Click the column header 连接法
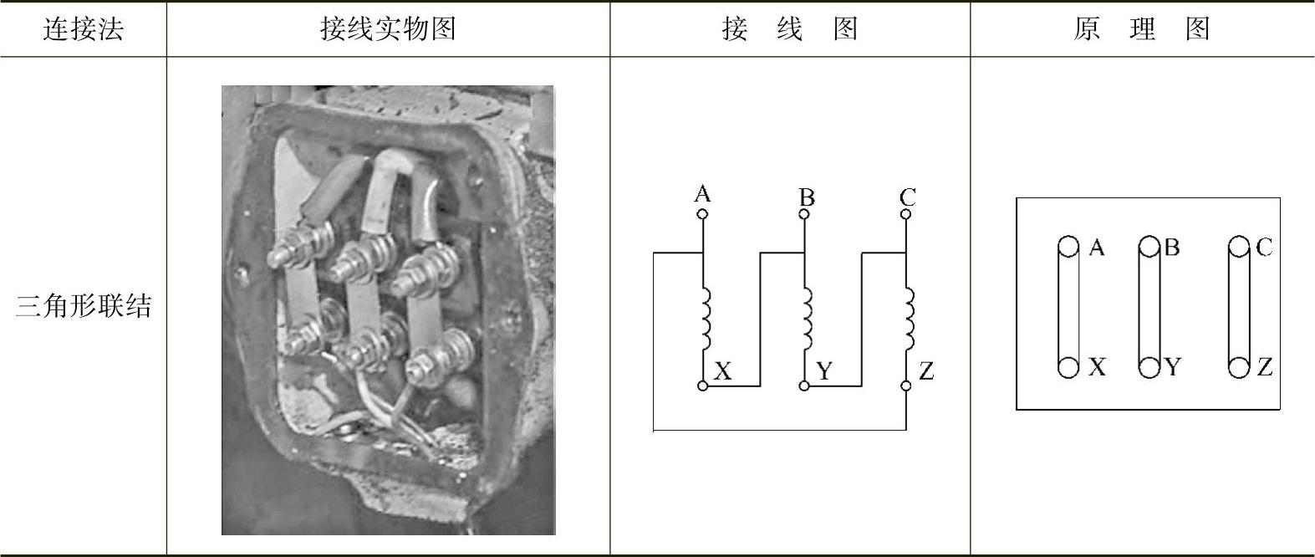pyautogui.click(x=83, y=29)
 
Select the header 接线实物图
pyautogui.click(x=388, y=29)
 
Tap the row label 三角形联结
pyautogui.click(x=84, y=307)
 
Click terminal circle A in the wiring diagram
pyautogui.click(x=702, y=214)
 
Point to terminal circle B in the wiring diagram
pyautogui.click(x=804, y=214)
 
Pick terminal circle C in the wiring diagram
pyautogui.click(x=905, y=214)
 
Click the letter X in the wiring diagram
pyautogui.click(x=723, y=371)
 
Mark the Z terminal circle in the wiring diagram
pyautogui.click(x=905, y=386)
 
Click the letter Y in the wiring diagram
pyautogui.click(x=824, y=371)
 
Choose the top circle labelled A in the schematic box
pyautogui.click(x=1068, y=247)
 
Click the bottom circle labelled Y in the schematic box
pyautogui.click(x=1149, y=367)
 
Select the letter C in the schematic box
pyautogui.click(x=1263, y=248)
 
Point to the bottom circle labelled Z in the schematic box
pyautogui.click(x=1239, y=367)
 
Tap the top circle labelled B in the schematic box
pyautogui.click(x=1149, y=247)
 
